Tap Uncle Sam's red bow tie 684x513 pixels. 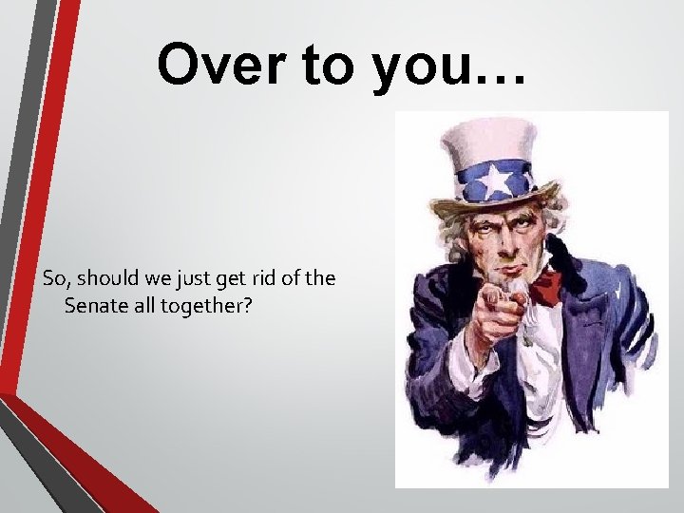[x=545, y=285]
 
